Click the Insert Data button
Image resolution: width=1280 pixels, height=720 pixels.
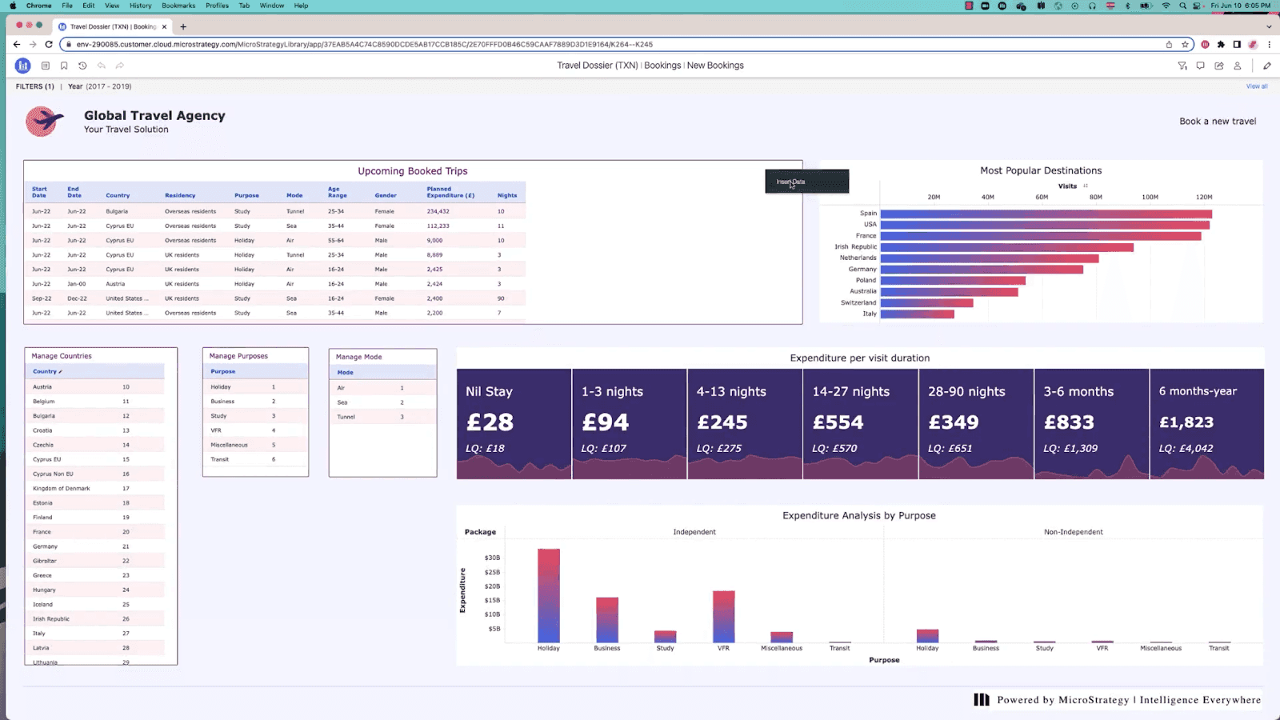pos(806,182)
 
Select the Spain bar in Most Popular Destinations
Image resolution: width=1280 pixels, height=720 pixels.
pos(1046,214)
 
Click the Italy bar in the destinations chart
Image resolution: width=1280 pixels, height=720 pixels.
pos(917,314)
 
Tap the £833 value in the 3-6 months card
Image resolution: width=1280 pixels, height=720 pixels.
pos(1069,422)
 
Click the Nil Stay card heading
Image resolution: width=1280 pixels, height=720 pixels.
pos(489,391)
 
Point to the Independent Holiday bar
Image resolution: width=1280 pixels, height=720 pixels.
pos(549,595)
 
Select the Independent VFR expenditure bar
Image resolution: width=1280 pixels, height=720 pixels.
pos(723,616)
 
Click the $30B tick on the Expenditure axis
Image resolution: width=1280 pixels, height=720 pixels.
pos(492,558)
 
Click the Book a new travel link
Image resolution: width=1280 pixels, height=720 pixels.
pos(1217,122)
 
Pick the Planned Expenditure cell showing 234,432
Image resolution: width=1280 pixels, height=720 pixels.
pos(438,211)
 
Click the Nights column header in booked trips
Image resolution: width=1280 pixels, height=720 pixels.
pos(506,195)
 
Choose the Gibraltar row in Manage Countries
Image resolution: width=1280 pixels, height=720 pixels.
pos(45,561)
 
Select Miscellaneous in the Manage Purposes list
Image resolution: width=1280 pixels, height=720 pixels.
pos(229,445)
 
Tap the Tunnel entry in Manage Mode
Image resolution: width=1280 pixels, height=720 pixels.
pos(346,417)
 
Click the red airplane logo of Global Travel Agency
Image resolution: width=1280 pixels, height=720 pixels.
pos(44,122)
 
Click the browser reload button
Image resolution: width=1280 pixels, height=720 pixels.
pos(49,45)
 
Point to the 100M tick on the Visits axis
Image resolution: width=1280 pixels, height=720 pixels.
pos(1149,197)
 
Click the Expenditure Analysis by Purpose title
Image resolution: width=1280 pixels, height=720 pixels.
pos(858,515)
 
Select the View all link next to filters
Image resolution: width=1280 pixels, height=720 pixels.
pos(1256,86)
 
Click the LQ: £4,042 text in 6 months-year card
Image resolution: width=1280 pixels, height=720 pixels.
pos(1186,448)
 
